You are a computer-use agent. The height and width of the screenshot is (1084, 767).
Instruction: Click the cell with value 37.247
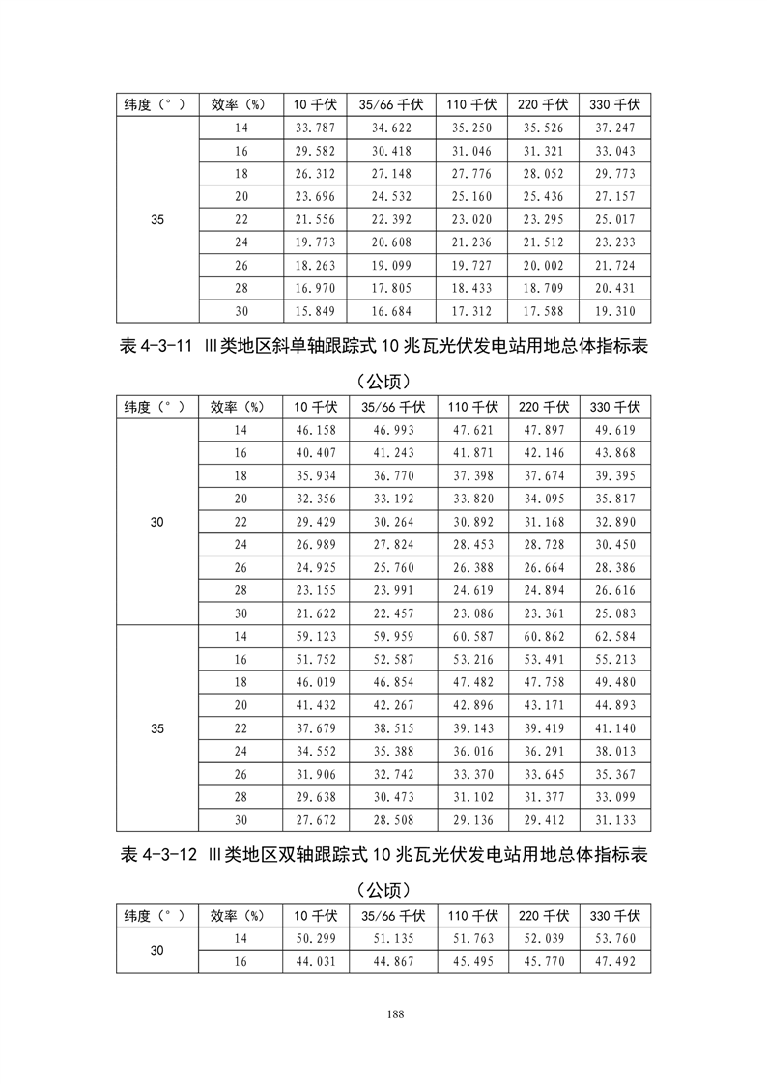click(614, 128)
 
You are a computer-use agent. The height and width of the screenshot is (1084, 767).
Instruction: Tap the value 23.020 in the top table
click(471, 220)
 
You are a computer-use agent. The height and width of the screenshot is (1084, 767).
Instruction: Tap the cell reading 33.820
click(471, 499)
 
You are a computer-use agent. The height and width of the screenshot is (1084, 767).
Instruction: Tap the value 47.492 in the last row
click(614, 961)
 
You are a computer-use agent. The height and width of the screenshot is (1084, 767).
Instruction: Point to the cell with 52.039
click(543, 938)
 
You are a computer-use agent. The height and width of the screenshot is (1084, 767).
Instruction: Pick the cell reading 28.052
click(543, 174)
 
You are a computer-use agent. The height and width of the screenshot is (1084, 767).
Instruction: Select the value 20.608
click(391, 242)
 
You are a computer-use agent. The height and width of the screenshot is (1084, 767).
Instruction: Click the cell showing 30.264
click(391, 522)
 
